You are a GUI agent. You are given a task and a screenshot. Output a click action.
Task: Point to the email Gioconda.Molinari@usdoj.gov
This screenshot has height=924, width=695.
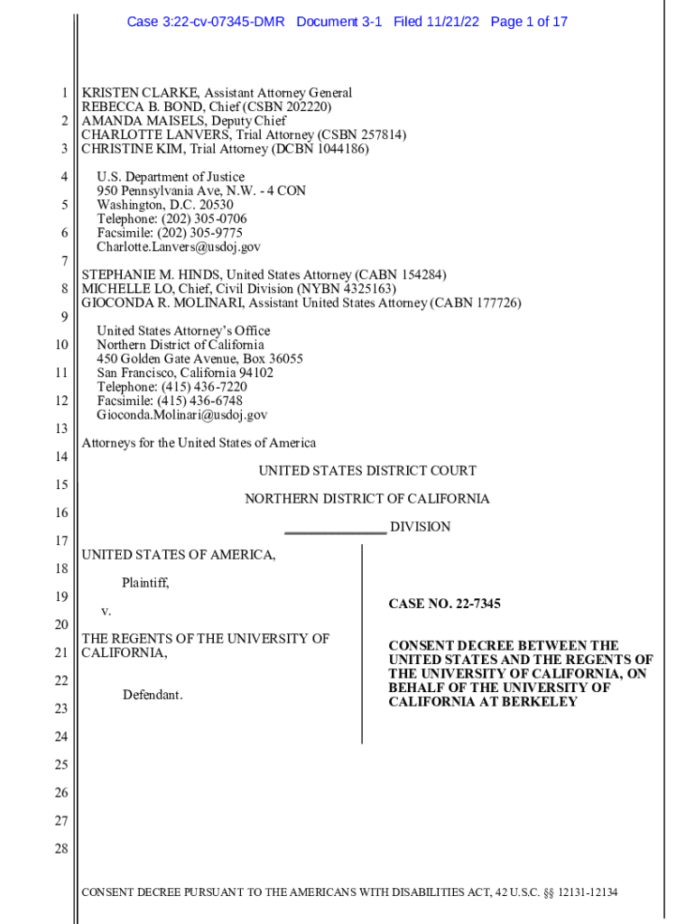point(182,415)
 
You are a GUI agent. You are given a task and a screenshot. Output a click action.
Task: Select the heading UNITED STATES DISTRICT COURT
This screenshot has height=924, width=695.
point(367,471)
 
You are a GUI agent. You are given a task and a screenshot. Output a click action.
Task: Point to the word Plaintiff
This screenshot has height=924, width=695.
point(145,583)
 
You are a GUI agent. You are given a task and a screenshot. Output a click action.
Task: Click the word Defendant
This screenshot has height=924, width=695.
point(153,695)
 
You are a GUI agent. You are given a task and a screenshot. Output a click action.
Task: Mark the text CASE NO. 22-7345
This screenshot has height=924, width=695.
point(444,604)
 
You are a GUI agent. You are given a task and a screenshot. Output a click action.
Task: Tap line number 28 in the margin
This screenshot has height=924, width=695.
point(61,849)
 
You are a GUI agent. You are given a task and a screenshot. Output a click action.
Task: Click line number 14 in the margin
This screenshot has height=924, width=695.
point(61,457)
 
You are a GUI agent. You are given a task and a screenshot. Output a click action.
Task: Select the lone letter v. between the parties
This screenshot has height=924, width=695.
point(106,611)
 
